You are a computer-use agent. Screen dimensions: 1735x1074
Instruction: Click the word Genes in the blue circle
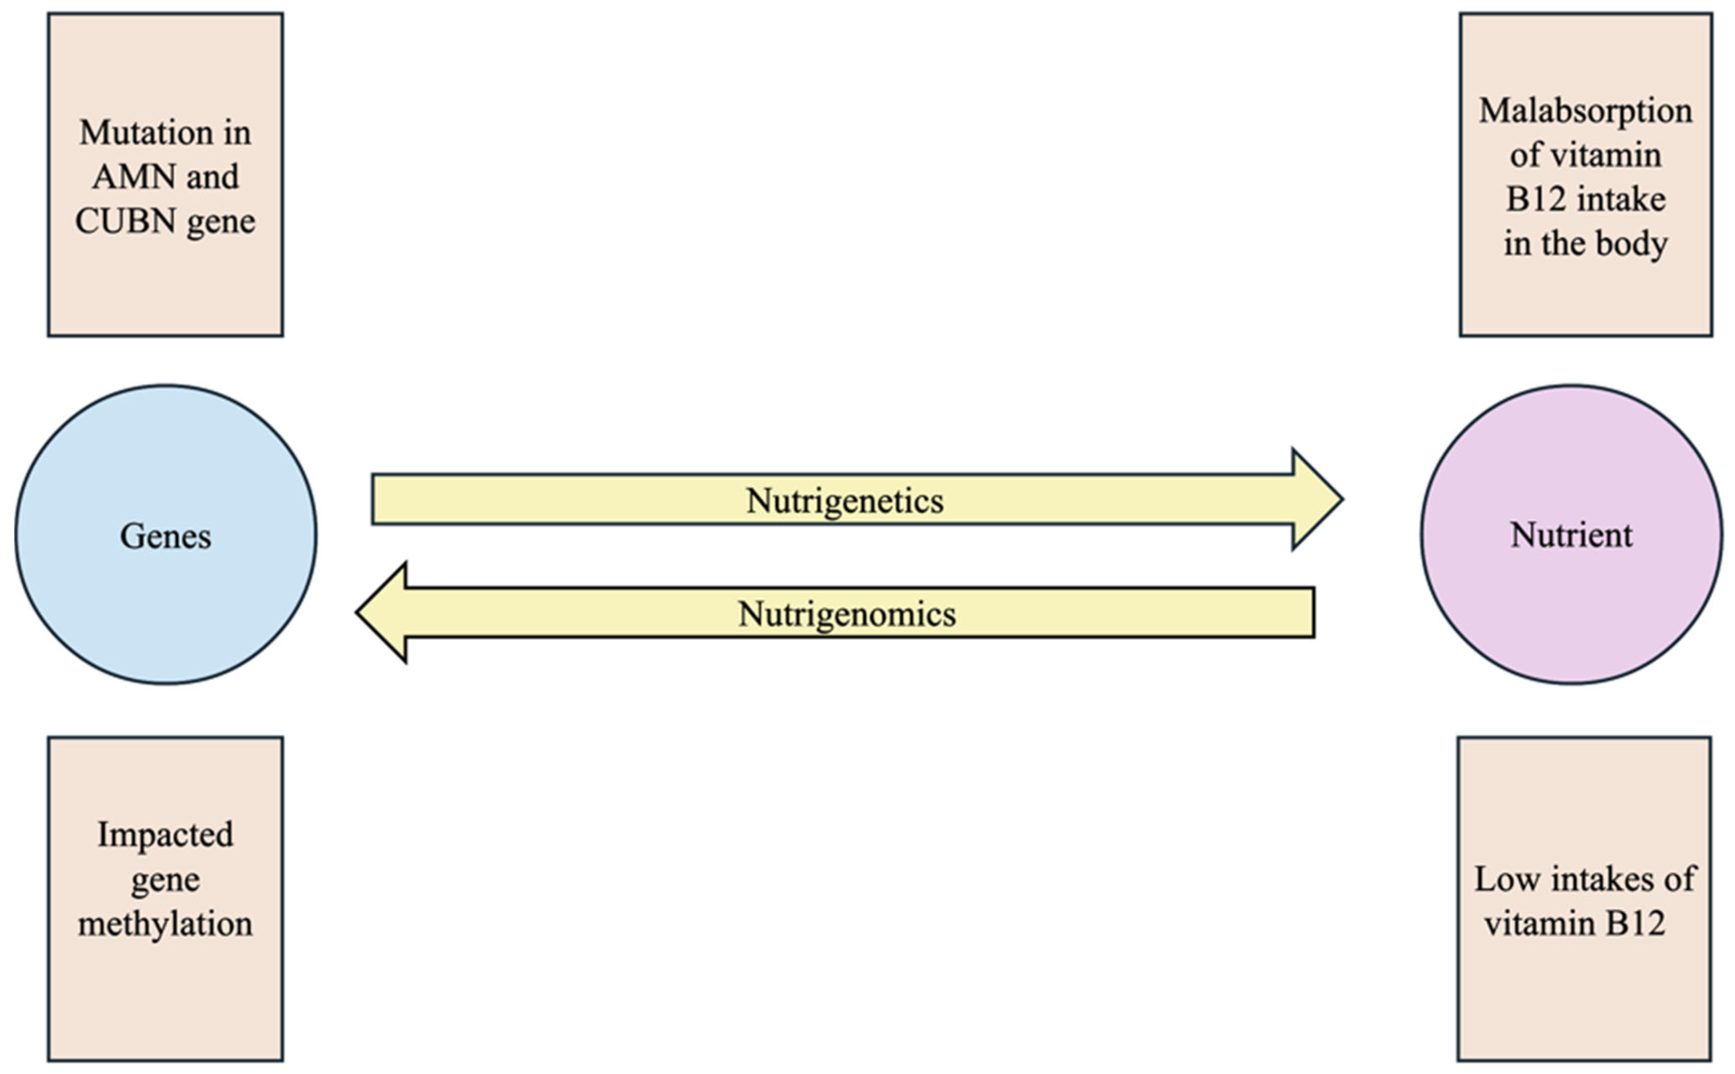[x=165, y=536]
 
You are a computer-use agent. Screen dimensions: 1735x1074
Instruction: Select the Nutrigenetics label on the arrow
[x=845, y=501]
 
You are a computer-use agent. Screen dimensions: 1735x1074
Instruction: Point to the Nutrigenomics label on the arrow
[x=847, y=614]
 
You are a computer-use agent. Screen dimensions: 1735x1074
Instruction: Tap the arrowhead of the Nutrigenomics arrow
[x=383, y=612]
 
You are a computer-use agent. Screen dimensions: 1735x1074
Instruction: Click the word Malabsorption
[x=1585, y=111]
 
